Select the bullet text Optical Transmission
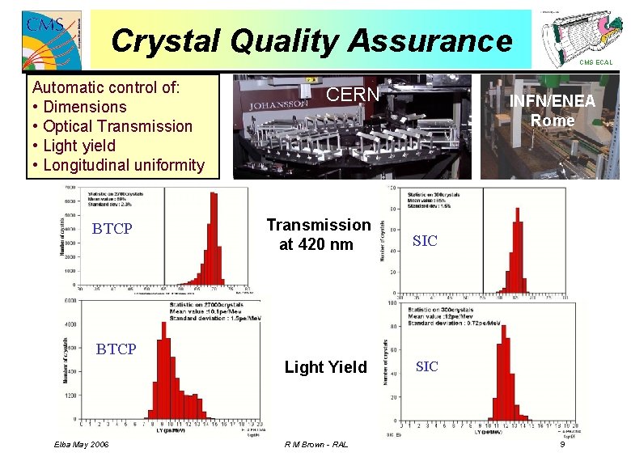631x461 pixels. coord(117,126)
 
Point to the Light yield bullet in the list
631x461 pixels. coord(78,146)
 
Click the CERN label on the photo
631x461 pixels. coord(352,95)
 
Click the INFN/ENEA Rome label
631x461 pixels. coord(553,111)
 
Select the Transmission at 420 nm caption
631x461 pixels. coord(319,235)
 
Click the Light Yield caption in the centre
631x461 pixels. coord(325,367)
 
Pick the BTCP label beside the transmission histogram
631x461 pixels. coord(112,229)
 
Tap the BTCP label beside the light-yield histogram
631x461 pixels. coord(116,349)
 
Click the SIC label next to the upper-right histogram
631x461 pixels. coord(425,241)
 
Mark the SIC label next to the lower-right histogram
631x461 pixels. coord(426,366)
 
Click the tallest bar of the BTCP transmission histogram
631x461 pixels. coord(214,239)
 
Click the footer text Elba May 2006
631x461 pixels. coord(81,445)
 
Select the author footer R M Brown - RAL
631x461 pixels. coord(317,445)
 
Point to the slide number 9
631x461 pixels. coord(561,445)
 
